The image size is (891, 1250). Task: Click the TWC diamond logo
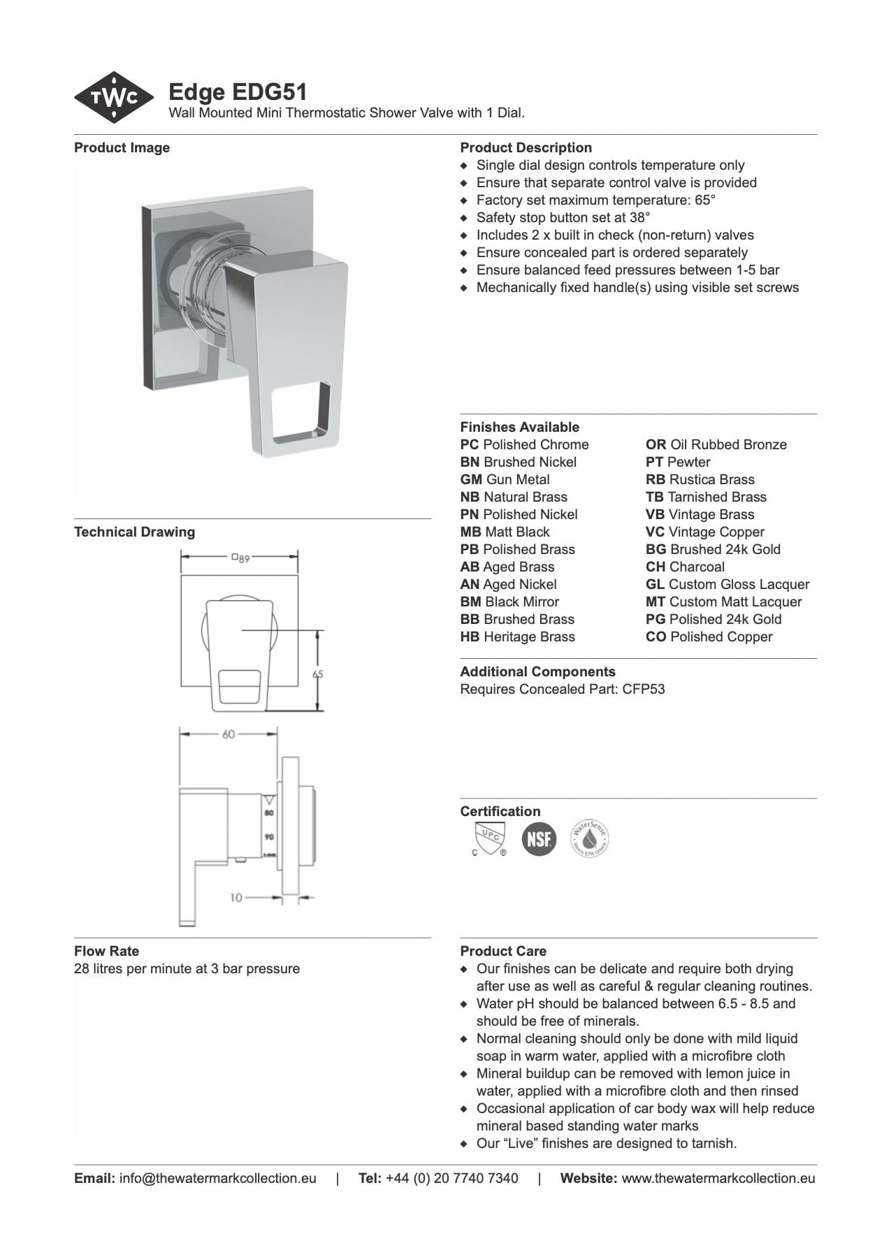(114, 98)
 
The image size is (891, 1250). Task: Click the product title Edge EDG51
(238, 92)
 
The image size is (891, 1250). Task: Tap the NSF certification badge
(539, 839)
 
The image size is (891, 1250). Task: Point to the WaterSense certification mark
(590, 838)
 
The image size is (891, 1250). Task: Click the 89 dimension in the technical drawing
(240, 558)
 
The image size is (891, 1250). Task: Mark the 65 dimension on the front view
(318, 674)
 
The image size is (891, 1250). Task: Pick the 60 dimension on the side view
(229, 734)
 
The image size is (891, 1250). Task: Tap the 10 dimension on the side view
(236, 897)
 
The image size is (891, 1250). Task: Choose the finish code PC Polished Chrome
(524, 444)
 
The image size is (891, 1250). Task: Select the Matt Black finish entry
(505, 532)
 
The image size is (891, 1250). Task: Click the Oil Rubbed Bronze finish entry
(716, 444)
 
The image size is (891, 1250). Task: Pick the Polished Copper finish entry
(709, 637)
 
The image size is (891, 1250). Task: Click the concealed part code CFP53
(643, 689)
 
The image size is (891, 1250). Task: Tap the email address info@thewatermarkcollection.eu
(217, 1178)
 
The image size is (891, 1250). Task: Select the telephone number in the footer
(451, 1178)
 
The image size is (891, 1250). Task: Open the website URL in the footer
(718, 1178)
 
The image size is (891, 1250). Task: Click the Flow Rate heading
(106, 951)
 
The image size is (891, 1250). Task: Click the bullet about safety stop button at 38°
(563, 217)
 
